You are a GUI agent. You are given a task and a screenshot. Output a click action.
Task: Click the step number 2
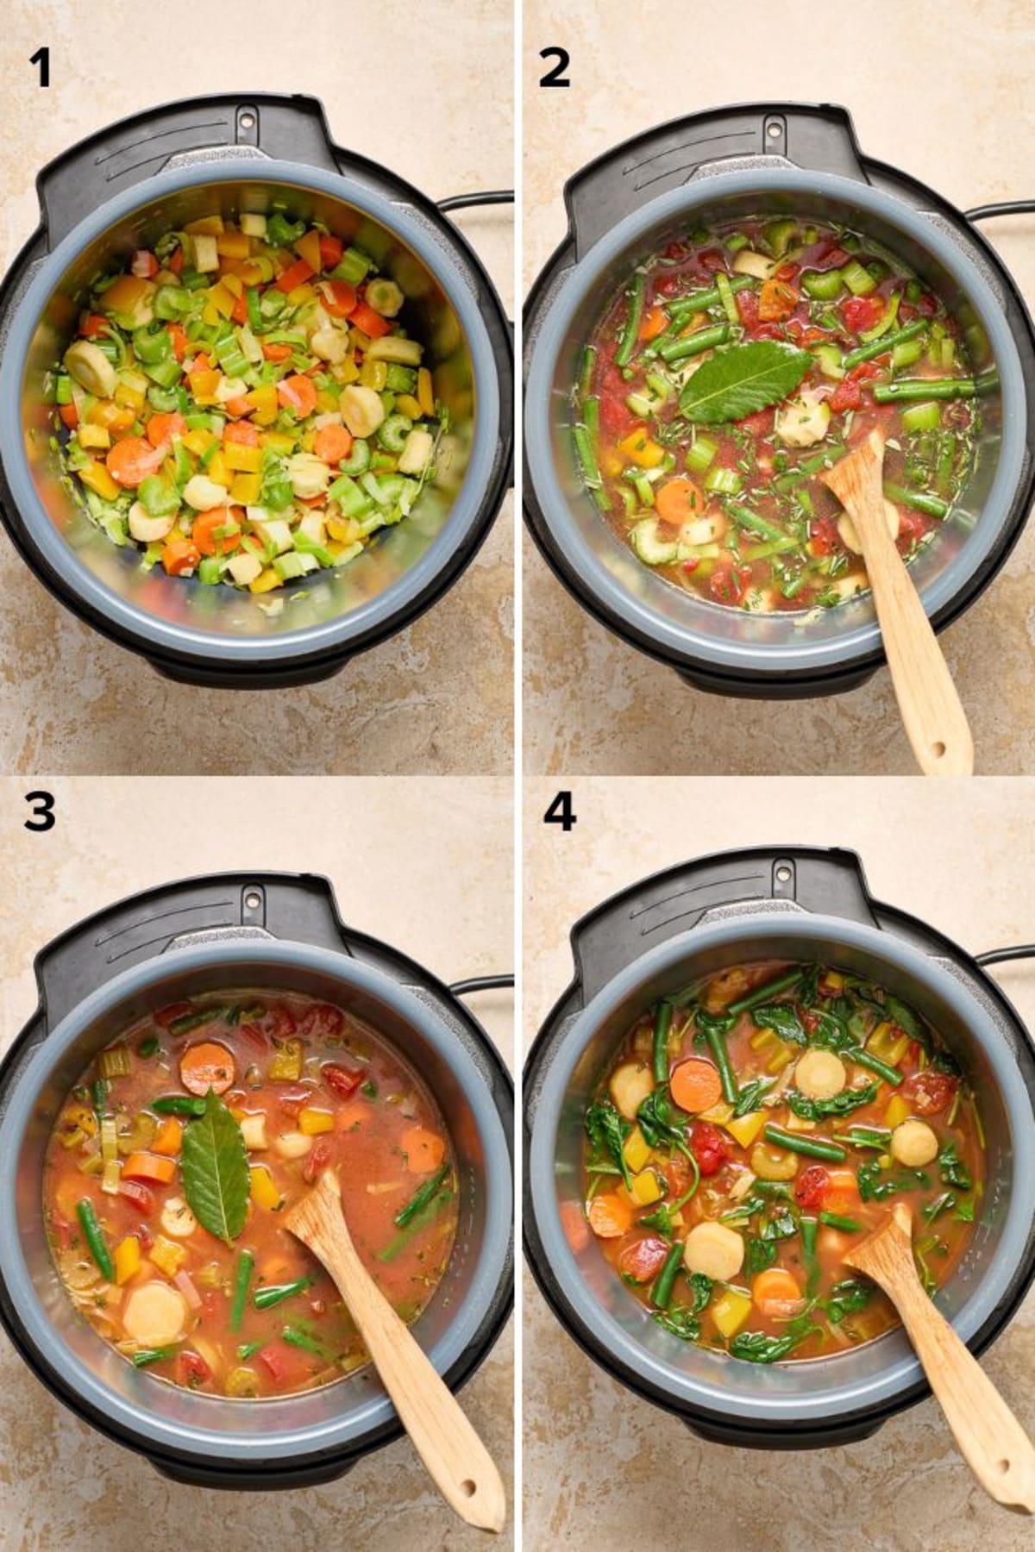click(x=554, y=69)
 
